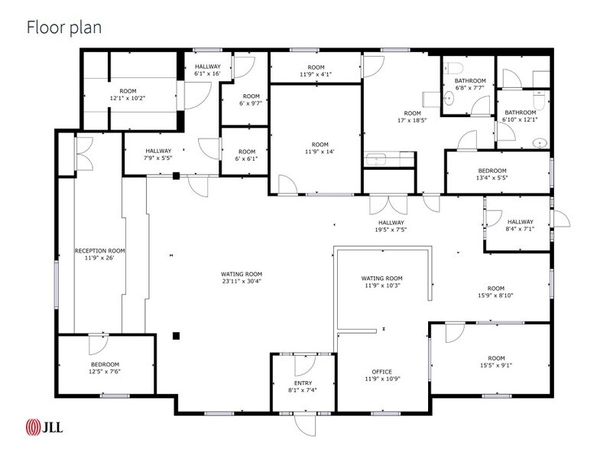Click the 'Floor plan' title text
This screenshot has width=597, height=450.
64,28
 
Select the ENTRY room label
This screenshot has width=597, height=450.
303,383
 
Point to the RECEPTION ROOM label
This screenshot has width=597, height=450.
99,251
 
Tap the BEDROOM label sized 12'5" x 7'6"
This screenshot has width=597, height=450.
105,364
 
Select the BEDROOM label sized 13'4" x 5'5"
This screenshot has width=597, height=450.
492,171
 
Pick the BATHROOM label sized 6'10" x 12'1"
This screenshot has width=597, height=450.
520,112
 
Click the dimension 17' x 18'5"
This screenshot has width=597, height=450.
412,120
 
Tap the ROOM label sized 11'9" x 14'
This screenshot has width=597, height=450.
320,144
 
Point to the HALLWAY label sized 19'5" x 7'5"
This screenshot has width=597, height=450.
390,223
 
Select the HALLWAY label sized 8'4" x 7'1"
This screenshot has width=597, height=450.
520,222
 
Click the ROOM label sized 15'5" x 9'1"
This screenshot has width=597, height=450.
496,358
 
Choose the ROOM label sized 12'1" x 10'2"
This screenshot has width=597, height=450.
128,91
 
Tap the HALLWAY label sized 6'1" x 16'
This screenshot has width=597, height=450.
207,67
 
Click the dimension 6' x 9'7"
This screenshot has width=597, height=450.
246,103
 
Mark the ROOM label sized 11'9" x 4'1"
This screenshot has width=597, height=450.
316,67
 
